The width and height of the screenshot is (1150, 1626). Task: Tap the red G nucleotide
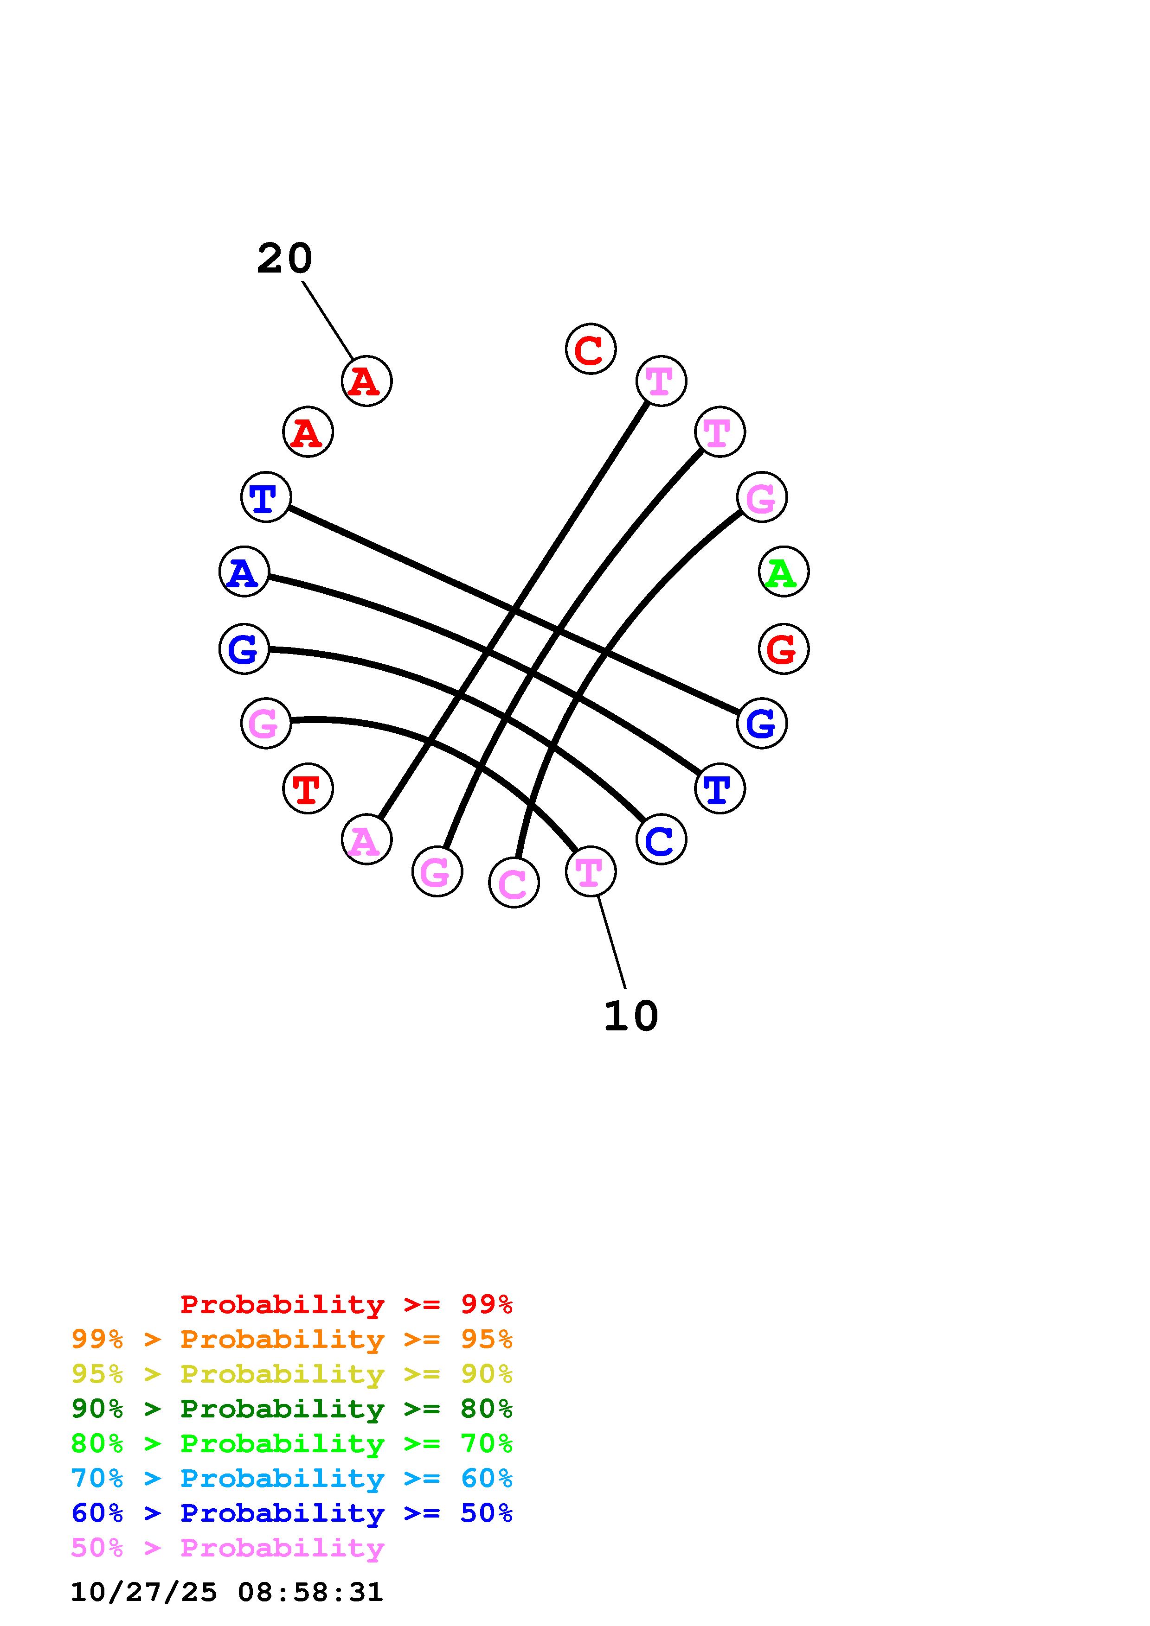[x=783, y=649]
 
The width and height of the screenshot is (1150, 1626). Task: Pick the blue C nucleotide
[x=661, y=839]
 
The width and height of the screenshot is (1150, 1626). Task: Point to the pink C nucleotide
[x=514, y=883]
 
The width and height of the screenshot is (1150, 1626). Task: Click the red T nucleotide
[x=308, y=788]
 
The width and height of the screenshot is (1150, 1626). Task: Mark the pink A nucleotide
[x=366, y=839]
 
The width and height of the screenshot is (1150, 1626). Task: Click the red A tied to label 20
[x=366, y=381]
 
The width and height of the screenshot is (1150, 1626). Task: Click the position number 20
[x=284, y=259]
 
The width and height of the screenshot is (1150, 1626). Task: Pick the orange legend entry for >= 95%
[x=291, y=1339]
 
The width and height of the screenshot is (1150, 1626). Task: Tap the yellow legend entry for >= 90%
[x=291, y=1374]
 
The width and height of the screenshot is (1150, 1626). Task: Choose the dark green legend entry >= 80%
[x=291, y=1409]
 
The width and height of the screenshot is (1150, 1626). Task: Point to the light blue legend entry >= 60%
[x=291, y=1478]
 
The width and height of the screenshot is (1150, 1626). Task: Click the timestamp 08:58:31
[x=310, y=1592]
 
